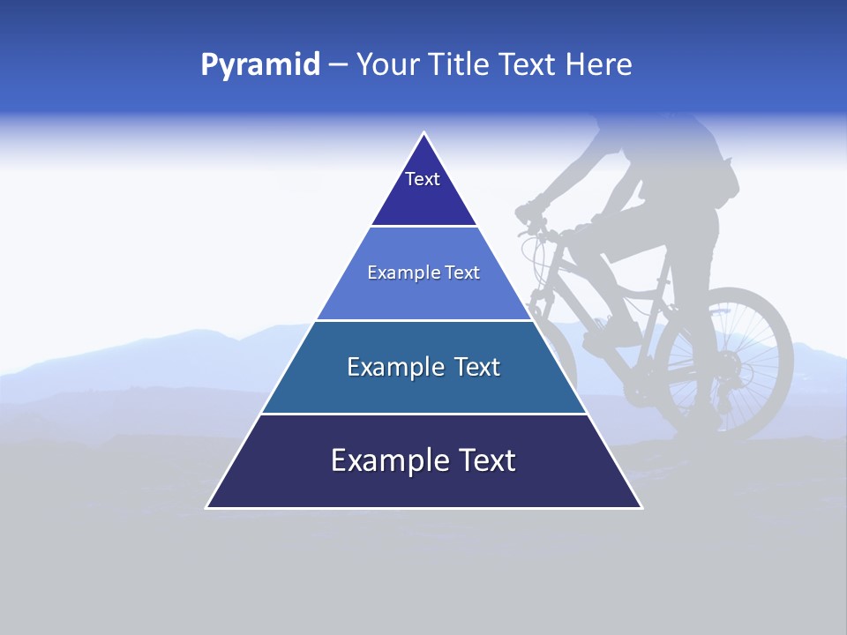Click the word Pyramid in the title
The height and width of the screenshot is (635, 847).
[x=259, y=65]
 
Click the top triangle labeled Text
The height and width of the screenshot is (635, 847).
[x=423, y=190]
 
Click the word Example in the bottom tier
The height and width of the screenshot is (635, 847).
[x=385, y=460]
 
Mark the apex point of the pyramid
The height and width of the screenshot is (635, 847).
[x=423, y=133]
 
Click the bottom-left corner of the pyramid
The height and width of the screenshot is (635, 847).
[x=207, y=507]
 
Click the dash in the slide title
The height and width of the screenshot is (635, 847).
[x=338, y=65]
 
